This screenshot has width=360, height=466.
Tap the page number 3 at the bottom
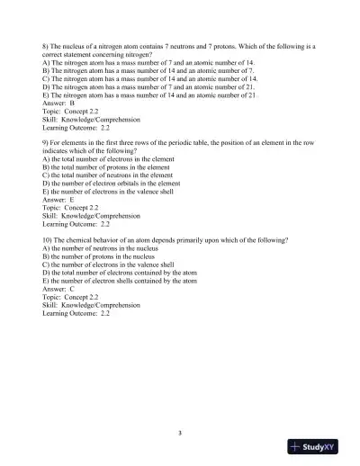pos(180,433)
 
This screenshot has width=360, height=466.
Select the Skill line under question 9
pos(91,216)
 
